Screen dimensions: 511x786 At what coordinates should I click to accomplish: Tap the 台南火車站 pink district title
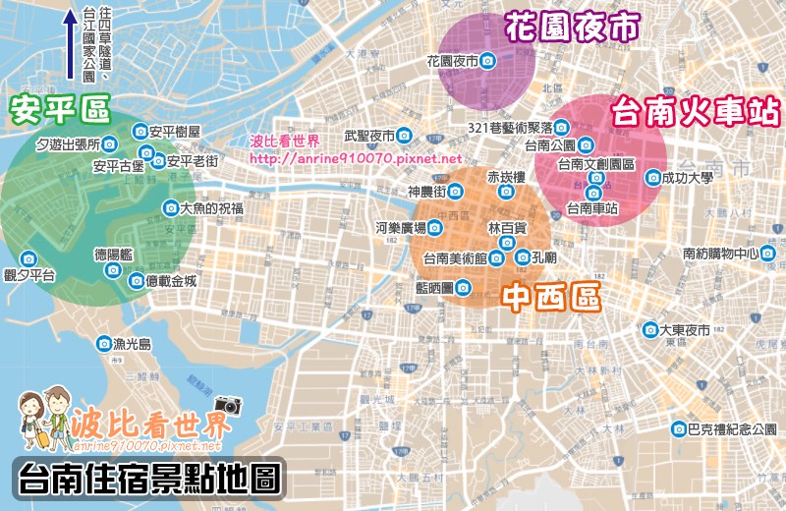coord(697,111)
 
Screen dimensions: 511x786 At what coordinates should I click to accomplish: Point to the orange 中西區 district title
coord(550,297)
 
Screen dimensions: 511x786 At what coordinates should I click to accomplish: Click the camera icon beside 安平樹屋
coord(140,131)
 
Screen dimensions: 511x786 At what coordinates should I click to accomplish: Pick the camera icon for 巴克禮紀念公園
coord(679,428)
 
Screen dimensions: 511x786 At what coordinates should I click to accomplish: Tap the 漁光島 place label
coord(133,344)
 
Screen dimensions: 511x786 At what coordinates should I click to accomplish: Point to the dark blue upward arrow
coord(70,45)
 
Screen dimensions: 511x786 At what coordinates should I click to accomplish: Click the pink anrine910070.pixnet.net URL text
coord(355,158)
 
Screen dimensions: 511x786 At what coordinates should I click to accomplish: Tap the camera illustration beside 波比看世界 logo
coord(227,404)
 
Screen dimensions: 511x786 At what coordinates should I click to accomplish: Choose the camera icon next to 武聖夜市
coord(404,136)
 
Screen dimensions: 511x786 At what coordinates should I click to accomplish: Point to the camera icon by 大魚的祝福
coord(169,208)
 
